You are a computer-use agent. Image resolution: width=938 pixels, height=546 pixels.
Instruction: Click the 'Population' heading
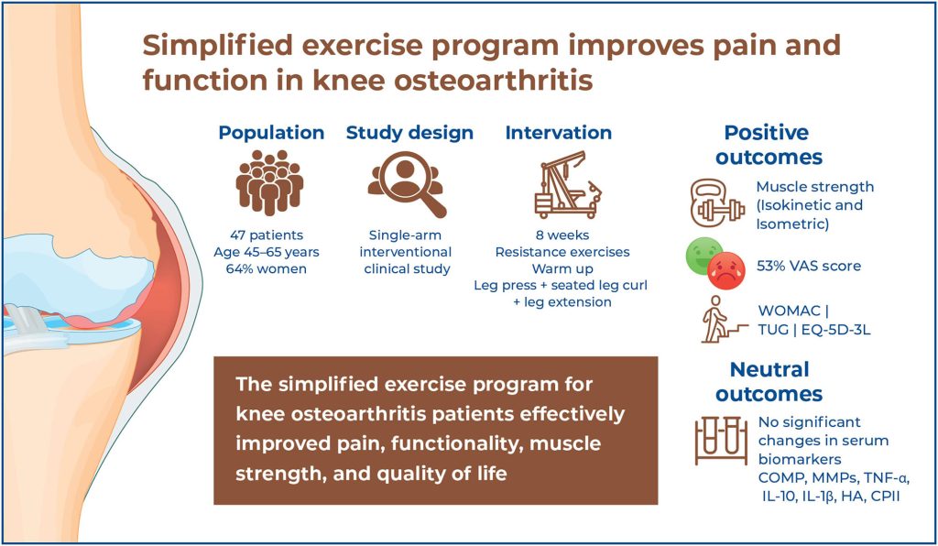(x=271, y=133)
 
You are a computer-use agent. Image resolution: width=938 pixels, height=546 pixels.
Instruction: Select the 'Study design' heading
(x=409, y=133)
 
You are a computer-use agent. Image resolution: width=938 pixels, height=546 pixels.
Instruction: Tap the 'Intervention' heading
(x=559, y=132)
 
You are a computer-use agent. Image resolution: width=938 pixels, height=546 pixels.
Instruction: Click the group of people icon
(x=270, y=182)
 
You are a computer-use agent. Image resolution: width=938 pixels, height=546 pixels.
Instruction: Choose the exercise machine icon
(x=568, y=183)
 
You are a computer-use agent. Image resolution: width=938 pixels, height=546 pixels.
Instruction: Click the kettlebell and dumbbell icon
(x=717, y=204)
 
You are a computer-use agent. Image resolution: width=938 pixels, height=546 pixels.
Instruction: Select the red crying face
(x=726, y=271)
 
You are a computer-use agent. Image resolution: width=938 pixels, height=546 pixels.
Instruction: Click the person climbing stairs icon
(x=723, y=320)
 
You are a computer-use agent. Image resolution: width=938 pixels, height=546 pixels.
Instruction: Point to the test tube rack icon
(x=721, y=442)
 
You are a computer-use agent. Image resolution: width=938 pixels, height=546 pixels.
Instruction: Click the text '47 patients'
(x=267, y=235)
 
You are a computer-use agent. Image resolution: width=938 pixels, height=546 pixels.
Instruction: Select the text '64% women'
(x=267, y=269)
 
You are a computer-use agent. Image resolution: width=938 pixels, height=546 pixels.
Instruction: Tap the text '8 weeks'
(x=562, y=235)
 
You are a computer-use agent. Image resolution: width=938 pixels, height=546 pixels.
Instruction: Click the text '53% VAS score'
(x=809, y=266)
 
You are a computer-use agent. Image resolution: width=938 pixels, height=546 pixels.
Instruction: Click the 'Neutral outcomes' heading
(x=769, y=381)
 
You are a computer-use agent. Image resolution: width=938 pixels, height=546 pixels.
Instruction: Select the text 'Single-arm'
(x=405, y=235)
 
